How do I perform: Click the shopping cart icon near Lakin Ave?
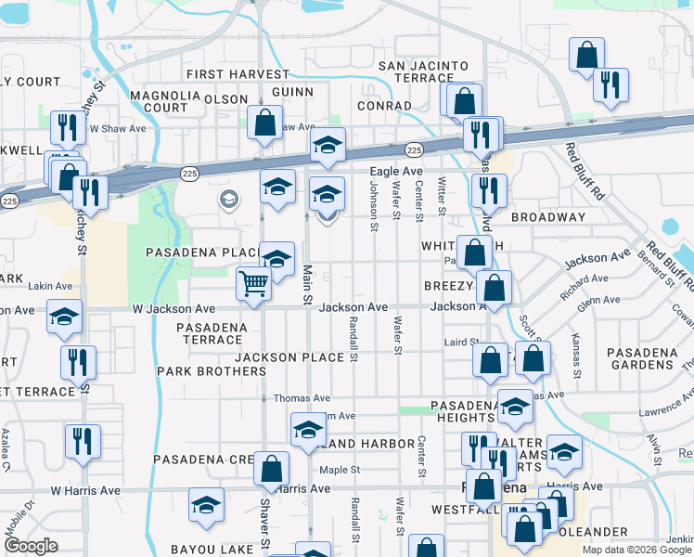[253, 283]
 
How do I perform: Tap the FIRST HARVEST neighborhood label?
[238, 74]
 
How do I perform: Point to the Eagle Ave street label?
[396, 172]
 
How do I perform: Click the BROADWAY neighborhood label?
[547, 217]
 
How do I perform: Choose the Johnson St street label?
[374, 206]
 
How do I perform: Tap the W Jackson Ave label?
[173, 308]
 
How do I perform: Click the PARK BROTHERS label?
[212, 371]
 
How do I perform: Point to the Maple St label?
[341, 470]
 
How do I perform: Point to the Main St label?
[306, 284]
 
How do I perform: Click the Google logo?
[31, 546]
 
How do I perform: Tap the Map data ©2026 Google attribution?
[637, 550]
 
